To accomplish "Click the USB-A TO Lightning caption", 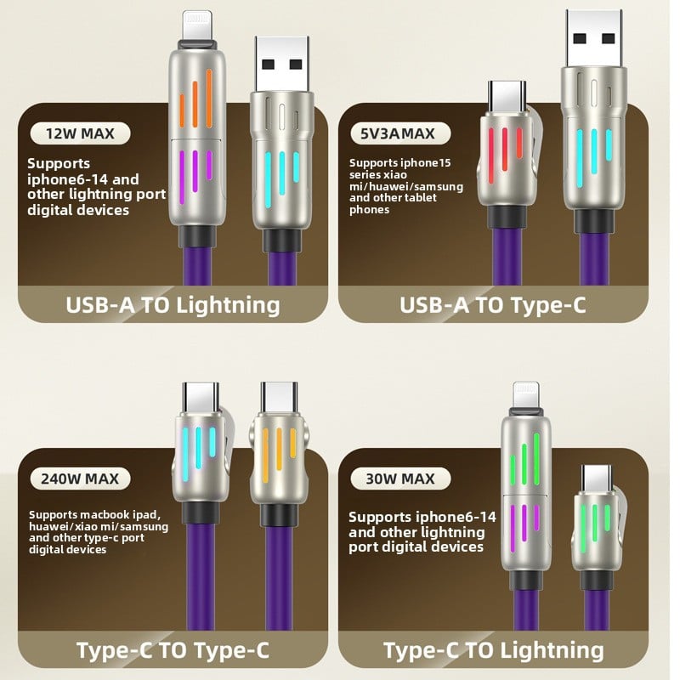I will pyautogui.click(x=173, y=304).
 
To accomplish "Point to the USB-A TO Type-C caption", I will pyautogui.click(x=493, y=304).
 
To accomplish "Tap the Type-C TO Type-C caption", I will pyautogui.click(x=173, y=650).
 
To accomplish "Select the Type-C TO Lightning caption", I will pyautogui.click(x=493, y=650).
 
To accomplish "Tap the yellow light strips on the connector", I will pyautogui.click(x=279, y=450).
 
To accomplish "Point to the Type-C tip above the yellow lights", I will pyautogui.click(x=278, y=397).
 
